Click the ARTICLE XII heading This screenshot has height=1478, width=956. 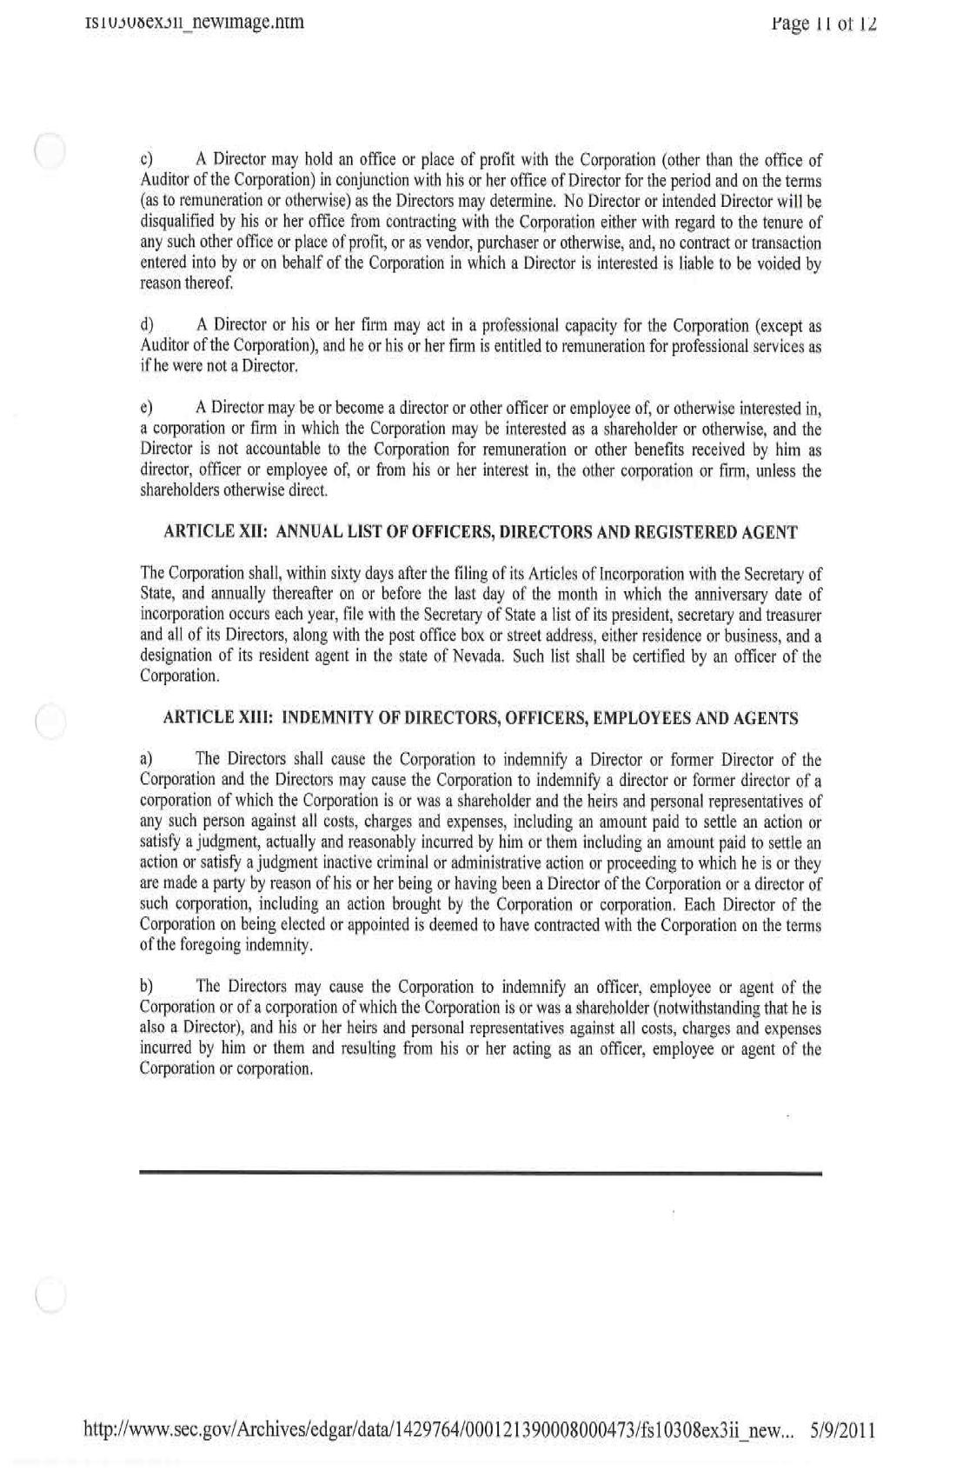pyautogui.click(x=480, y=532)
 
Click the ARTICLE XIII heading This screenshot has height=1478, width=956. pyautogui.click(x=480, y=718)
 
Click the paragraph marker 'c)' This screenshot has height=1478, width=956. pyautogui.click(x=147, y=161)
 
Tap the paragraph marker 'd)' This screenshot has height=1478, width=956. pyautogui.click(x=147, y=326)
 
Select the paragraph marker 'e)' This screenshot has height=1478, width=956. pyautogui.click(x=147, y=408)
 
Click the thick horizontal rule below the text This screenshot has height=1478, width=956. pyautogui.click(x=480, y=1174)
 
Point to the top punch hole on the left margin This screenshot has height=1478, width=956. pyautogui.click(x=50, y=150)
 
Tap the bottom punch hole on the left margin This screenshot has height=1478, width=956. pyautogui.click(x=50, y=1295)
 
